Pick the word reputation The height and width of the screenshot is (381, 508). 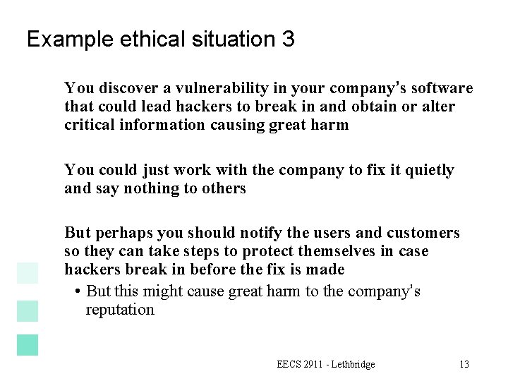[x=120, y=310]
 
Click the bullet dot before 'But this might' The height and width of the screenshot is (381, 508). [x=75, y=292]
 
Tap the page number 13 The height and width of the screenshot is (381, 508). [x=464, y=365]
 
